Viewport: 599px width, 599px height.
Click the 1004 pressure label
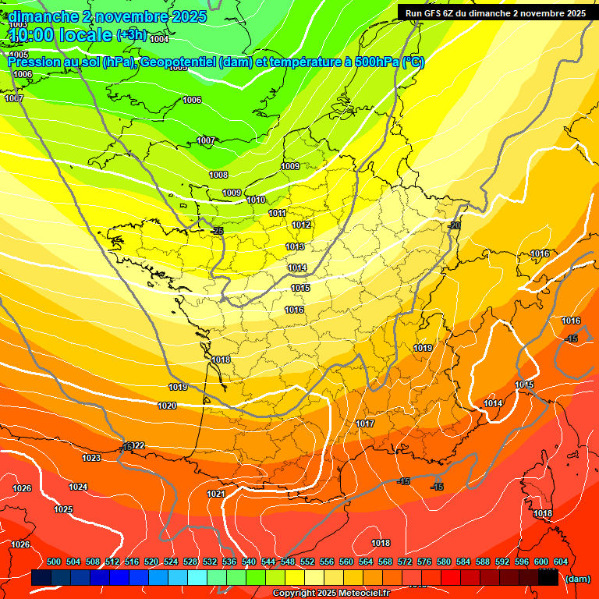159,39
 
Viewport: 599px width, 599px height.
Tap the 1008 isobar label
218,175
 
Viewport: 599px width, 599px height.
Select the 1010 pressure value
256,200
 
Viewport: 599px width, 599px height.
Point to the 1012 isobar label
302,225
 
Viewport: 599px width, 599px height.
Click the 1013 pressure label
295,246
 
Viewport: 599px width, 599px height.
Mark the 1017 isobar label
365,424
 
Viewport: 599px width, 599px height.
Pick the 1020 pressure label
167,406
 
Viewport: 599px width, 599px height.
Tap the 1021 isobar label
216,494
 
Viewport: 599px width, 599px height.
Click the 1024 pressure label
78,487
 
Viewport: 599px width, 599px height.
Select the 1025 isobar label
63,509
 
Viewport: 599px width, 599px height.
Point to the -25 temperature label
217,231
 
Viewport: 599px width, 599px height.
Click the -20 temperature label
455,225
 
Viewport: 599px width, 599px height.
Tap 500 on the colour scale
54,562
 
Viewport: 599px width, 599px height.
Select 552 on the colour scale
307,562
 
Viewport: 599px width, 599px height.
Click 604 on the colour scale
561,562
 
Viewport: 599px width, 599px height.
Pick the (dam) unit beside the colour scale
577,579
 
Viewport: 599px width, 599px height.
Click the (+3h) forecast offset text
131,34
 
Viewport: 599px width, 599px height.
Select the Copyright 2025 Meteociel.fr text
331,593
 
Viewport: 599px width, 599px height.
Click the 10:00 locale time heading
60,34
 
